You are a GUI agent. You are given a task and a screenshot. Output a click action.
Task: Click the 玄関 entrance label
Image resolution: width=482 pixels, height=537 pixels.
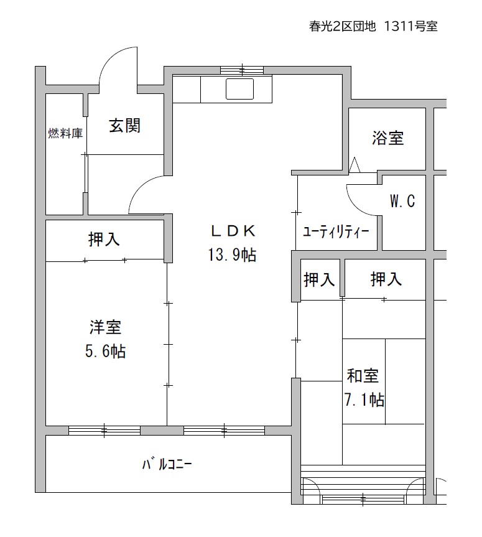(x=124, y=126)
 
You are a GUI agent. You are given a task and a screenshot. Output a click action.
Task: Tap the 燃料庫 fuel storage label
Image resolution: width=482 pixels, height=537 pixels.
(x=65, y=133)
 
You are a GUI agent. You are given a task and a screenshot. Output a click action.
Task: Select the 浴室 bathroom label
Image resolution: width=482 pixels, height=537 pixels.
(x=388, y=138)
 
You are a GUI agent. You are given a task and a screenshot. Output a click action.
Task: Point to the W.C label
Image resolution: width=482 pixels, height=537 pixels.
(x=402, y=201)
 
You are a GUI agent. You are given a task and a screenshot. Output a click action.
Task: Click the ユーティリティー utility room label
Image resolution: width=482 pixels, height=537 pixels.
(x=336, y=232)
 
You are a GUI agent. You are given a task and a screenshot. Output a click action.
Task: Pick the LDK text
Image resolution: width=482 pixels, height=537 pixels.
(x=233, y=232)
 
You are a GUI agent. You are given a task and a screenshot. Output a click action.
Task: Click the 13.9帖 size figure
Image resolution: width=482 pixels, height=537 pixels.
(x=232, y=254)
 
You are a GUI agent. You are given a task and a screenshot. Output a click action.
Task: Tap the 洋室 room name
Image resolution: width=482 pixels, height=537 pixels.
(x=106, y=327)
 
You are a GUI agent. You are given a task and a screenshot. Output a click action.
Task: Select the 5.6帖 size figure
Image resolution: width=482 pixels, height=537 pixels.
(x=106, y=351)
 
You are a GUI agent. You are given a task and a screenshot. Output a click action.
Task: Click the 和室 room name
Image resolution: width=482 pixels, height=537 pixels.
(x=363, y=376)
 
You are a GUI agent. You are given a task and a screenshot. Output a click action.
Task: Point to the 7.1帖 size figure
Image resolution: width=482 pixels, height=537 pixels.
(x=364, y=399)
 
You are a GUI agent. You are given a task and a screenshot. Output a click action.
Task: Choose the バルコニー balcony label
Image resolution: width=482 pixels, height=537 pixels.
(x=167, y=464)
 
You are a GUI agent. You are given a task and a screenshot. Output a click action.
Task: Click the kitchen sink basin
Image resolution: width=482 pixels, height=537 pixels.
(x=239, y=89)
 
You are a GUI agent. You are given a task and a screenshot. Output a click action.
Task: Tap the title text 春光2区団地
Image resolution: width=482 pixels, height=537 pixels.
(x=342, y=26)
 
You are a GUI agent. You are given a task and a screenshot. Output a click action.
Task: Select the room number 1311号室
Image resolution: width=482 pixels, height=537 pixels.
(x=410, y=26)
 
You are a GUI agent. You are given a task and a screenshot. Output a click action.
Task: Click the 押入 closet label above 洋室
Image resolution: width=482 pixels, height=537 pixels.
(x=104, y=239)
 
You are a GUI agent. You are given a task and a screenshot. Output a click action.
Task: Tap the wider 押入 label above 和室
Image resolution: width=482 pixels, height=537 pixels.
(x=386, y=279)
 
